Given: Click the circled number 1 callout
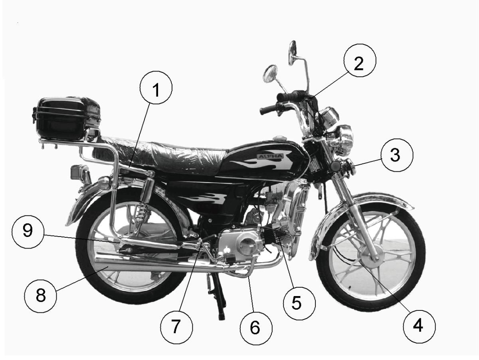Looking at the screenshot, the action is pyautogui.click(x=156, y=88).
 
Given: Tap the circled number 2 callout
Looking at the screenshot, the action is pyautogui.click(x=360, y=60).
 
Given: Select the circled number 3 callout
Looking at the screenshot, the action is pyautogui.click(x=397, y=155).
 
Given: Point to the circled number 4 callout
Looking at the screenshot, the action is pyautogui.click(x=419, y=326).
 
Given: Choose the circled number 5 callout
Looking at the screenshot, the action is pyautogui.click(x=299, y=303).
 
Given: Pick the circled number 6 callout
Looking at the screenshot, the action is pyautogui.click(x=256, y=328).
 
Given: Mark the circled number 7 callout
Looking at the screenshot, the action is pyautogui.click(x=176, y=327).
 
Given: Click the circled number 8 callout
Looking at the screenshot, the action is pyautogui.click(x=41, y=296).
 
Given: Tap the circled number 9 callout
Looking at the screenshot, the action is pyautogui.click(x=28, y=232).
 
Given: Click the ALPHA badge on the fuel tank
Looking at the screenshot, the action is pyautogui.click(x=270, y=156).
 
